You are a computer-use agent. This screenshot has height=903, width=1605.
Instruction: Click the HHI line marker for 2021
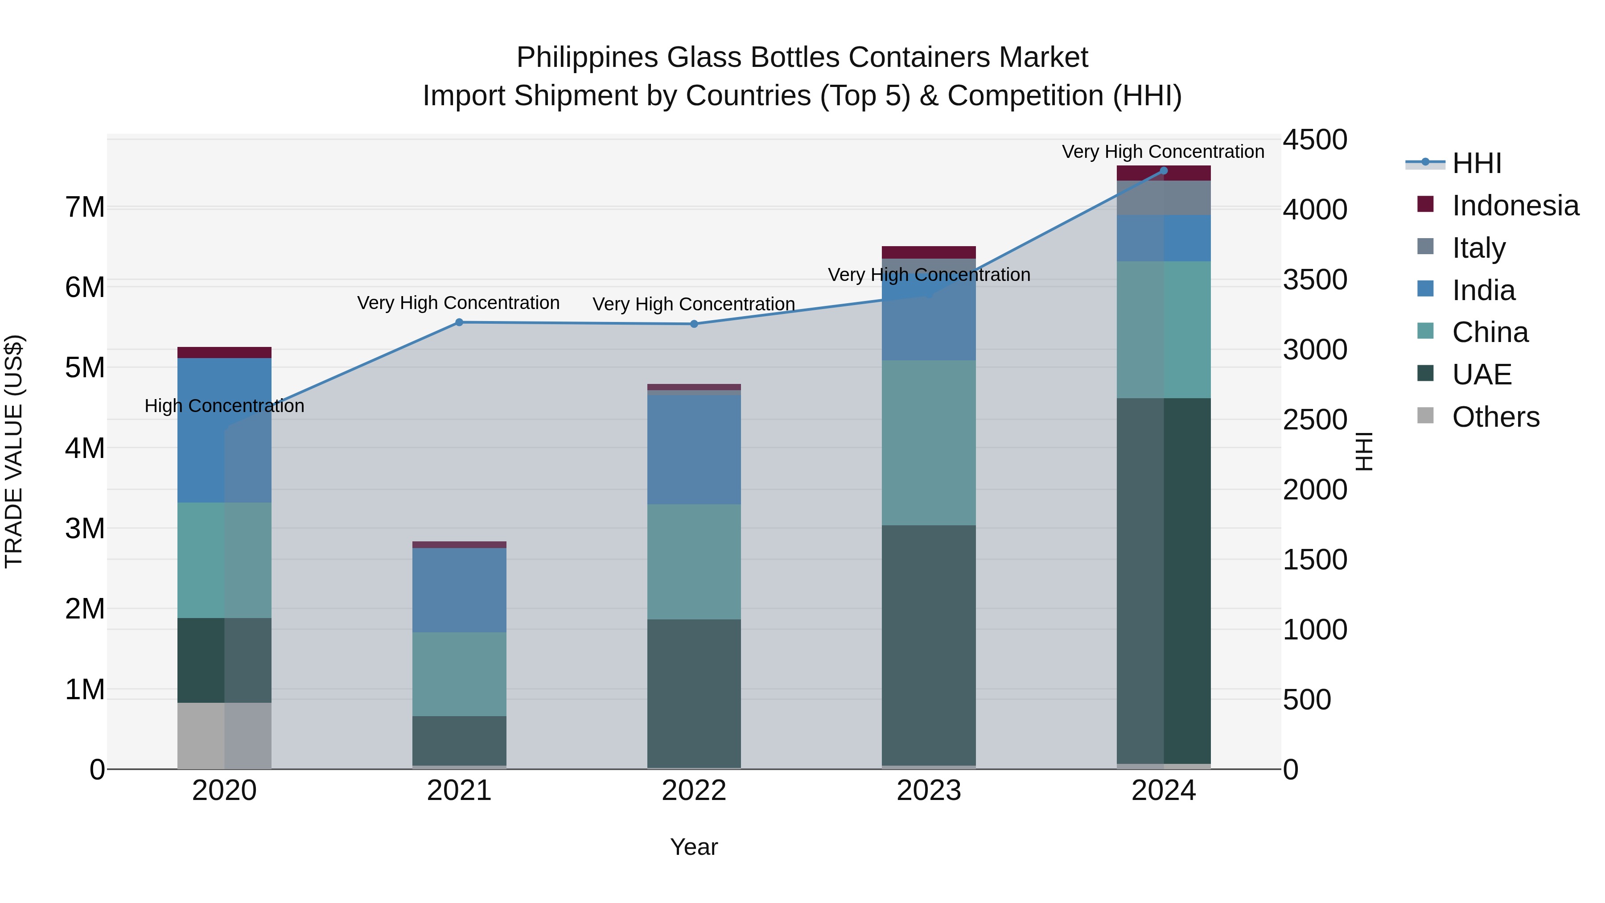click(x=459, y=322)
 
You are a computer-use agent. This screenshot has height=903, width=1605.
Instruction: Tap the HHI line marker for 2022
click(x=694, y=324)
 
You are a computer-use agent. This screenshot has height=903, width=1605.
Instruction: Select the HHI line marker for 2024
click(x=1163, y=170)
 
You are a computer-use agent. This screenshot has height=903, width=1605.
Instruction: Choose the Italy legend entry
click(x=1478, y=248)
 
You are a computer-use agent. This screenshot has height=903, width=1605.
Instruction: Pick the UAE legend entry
click(x=1481, y=375)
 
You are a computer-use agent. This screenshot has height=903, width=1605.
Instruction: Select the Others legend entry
click(x=1495, y=417)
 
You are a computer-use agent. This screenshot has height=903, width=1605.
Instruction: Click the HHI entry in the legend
click(x=1476, y=163)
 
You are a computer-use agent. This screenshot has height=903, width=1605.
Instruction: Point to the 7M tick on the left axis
click(x=85, y=207)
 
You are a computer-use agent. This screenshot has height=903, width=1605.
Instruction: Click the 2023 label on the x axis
click(x=928, y=791)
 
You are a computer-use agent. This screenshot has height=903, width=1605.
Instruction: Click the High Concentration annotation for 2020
click(x=224, y=406)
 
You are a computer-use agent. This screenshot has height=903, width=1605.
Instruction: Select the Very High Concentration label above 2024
click(x=1163, y=152)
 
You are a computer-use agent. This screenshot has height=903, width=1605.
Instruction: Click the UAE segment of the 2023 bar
click(x=928, y=645)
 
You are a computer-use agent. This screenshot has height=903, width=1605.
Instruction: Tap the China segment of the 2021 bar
click(x=459, y=674)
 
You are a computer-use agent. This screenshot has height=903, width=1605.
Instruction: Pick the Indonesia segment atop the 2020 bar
click(x=224, y=353)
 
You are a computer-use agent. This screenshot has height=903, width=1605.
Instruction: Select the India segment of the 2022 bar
click(x=694, y=449)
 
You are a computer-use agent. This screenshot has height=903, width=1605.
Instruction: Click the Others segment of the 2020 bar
click(x=224, y=735)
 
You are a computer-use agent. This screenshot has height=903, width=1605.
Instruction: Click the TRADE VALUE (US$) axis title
click(x=14, y=451)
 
